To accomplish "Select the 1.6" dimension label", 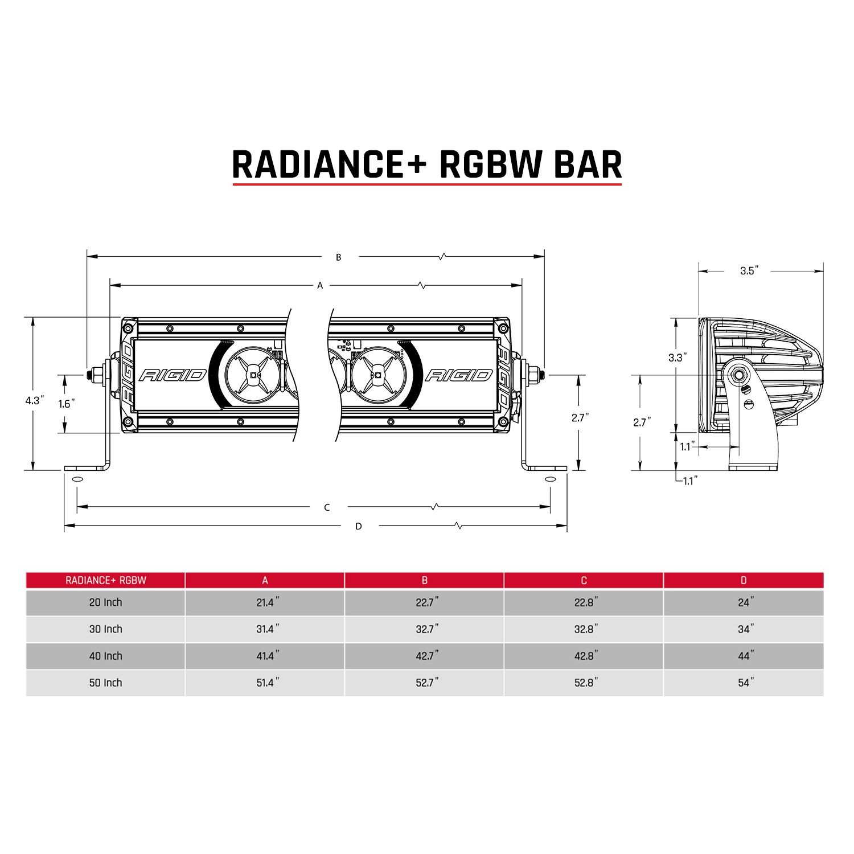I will point(67,404).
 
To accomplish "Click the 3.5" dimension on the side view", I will point(750,271).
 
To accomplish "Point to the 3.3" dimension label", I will point(678,358).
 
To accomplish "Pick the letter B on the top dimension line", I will point(338,257).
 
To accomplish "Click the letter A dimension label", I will point(320,285).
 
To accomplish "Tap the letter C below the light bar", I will point(327,507).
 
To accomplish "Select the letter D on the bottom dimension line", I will point(358,527).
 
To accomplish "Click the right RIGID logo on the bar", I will point(459,375).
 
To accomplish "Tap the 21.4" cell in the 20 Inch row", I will point(265,602).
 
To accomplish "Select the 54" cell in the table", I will point(744,683).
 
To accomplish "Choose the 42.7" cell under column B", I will point(425,656).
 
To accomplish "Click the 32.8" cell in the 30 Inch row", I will point(584,629).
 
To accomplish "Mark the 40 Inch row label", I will point(105,656).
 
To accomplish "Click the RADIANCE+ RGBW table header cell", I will point(105,580).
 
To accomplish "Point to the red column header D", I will point(744,580).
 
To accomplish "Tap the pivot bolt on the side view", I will point(740,375).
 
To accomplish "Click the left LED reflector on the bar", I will point(251,375).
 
